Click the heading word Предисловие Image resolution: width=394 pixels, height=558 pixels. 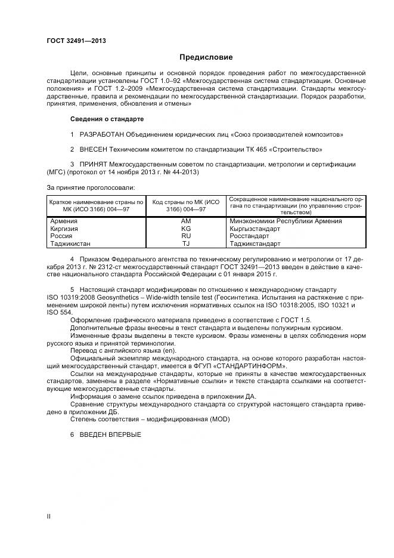pos(206,57)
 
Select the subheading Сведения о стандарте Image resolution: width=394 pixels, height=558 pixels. pos(107,119)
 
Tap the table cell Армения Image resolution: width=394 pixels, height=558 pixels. pos(64,221)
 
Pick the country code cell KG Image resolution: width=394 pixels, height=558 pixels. pos(185,229)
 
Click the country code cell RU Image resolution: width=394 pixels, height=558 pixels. pos(185,236)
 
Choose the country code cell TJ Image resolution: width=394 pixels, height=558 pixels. pos(185,243)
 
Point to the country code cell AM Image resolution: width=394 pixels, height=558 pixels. pos(185,221)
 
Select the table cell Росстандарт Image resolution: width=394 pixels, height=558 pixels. pos(249,236)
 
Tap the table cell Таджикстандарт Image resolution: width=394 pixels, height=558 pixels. pos(255,243)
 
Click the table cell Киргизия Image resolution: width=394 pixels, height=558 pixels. pos(65,229)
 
